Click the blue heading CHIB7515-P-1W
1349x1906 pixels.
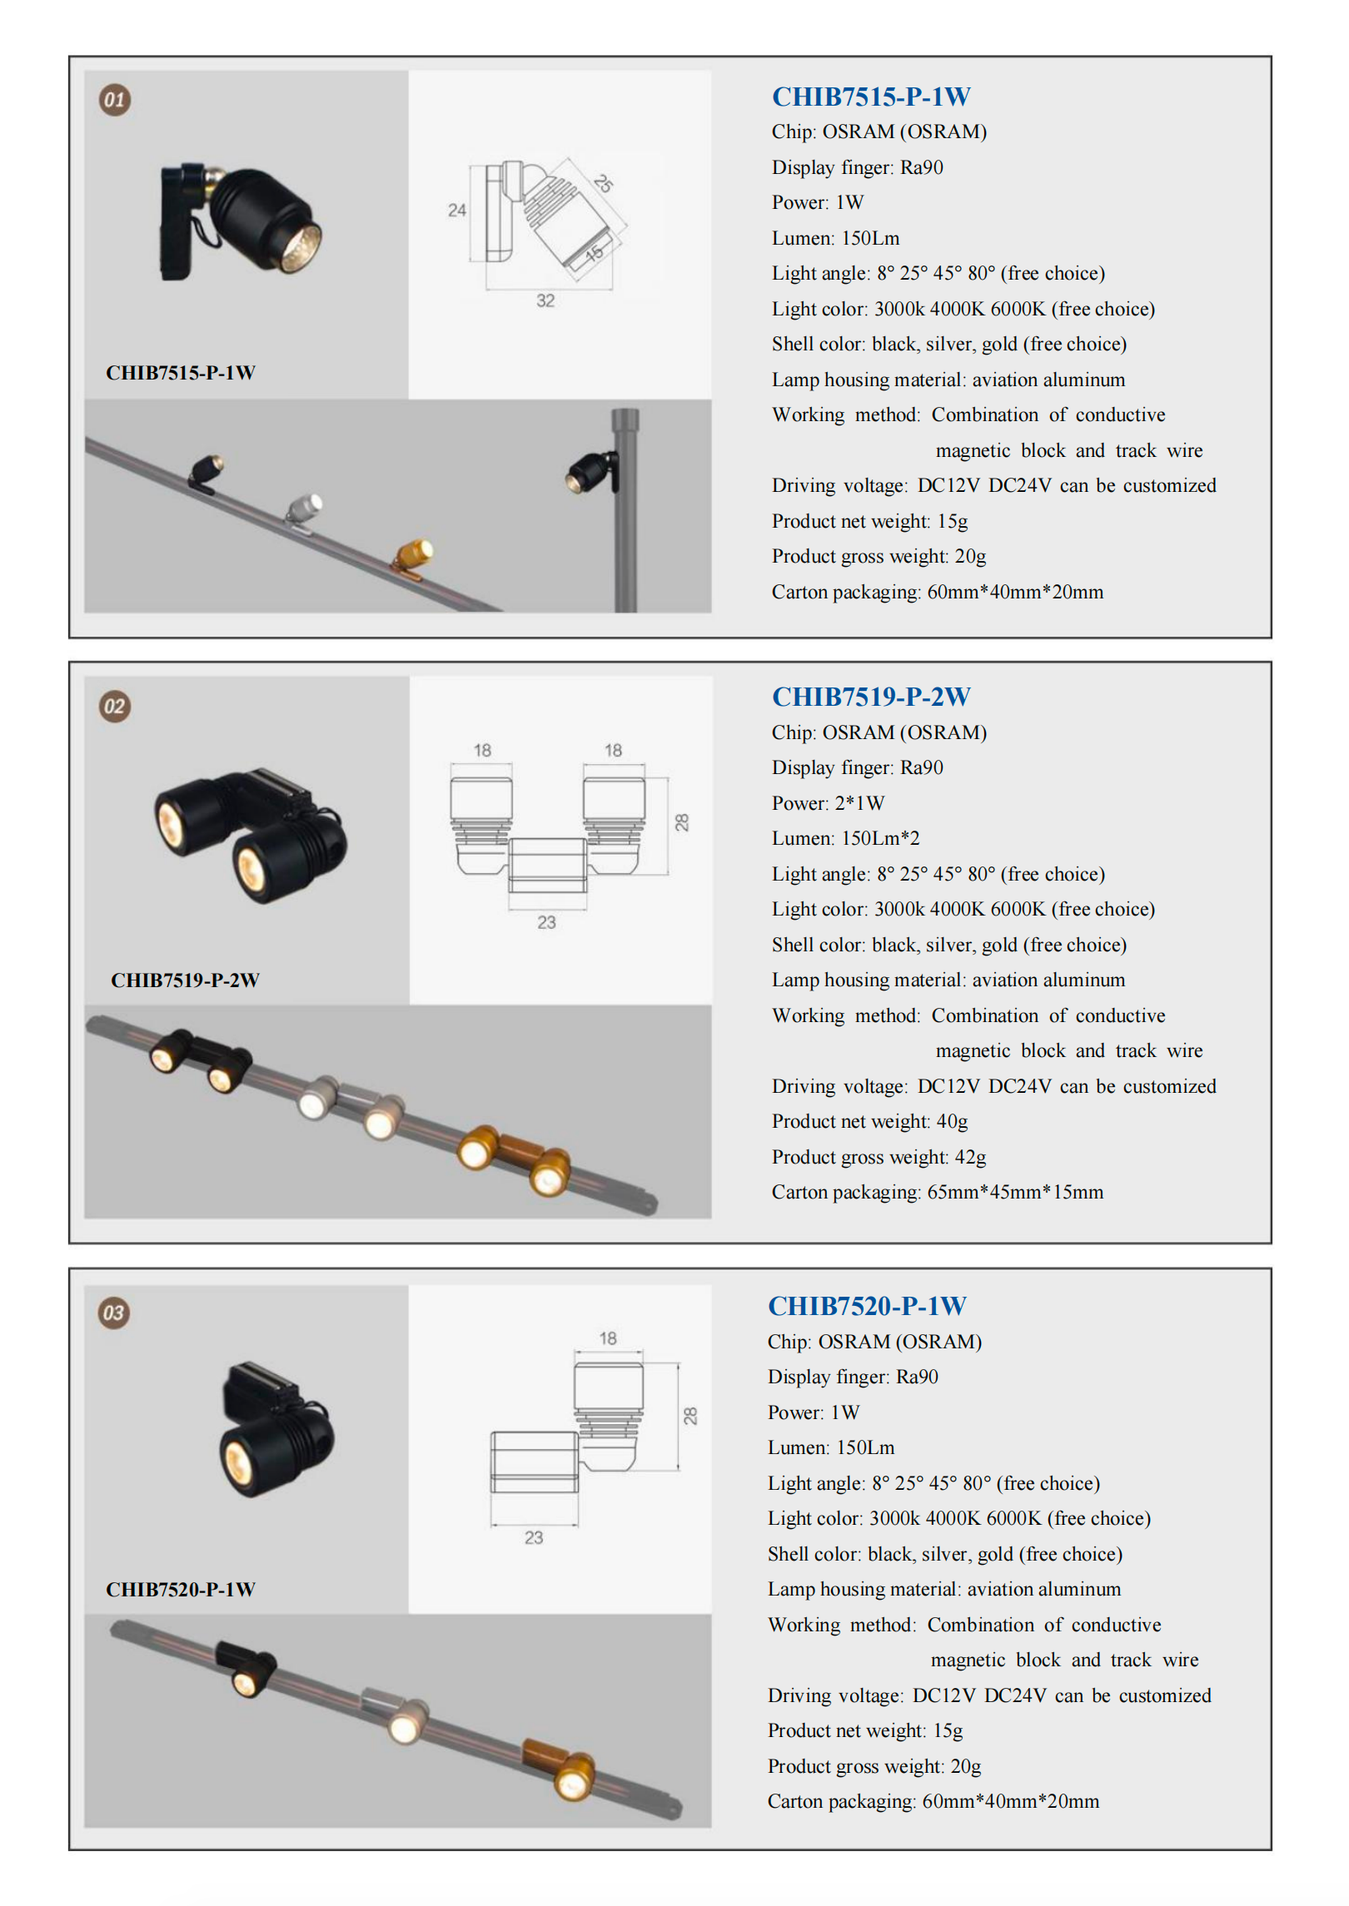(x=870, y=97)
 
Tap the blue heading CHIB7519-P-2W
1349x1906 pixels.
(x=870, y=697)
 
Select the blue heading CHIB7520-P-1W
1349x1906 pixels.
(x=866, y=1306)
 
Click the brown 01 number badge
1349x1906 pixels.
(x=115, y=100)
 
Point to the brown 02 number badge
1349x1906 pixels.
(x=115, y=707)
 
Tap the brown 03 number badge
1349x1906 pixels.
(x=114, y=1313)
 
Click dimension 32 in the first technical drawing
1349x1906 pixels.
(x=545, y=300)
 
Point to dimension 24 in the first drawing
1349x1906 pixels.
(x=456, y=210)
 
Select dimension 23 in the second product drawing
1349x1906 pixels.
(x=546, y=922)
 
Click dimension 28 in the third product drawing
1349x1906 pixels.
(x=690, y=1416)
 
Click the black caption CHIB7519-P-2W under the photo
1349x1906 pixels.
(x=185, y=980)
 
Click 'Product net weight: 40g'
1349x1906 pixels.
(x=869, y=1121)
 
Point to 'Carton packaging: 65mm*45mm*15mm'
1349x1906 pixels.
(x=937, y=1192)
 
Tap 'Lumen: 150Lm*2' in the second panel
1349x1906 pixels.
(x=845, y=838)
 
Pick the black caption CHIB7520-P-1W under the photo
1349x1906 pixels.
(x=181, y=1590)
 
